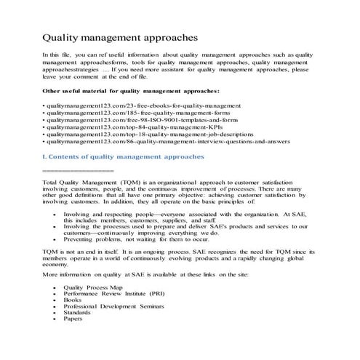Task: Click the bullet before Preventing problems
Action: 55,239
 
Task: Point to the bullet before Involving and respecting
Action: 55,215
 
